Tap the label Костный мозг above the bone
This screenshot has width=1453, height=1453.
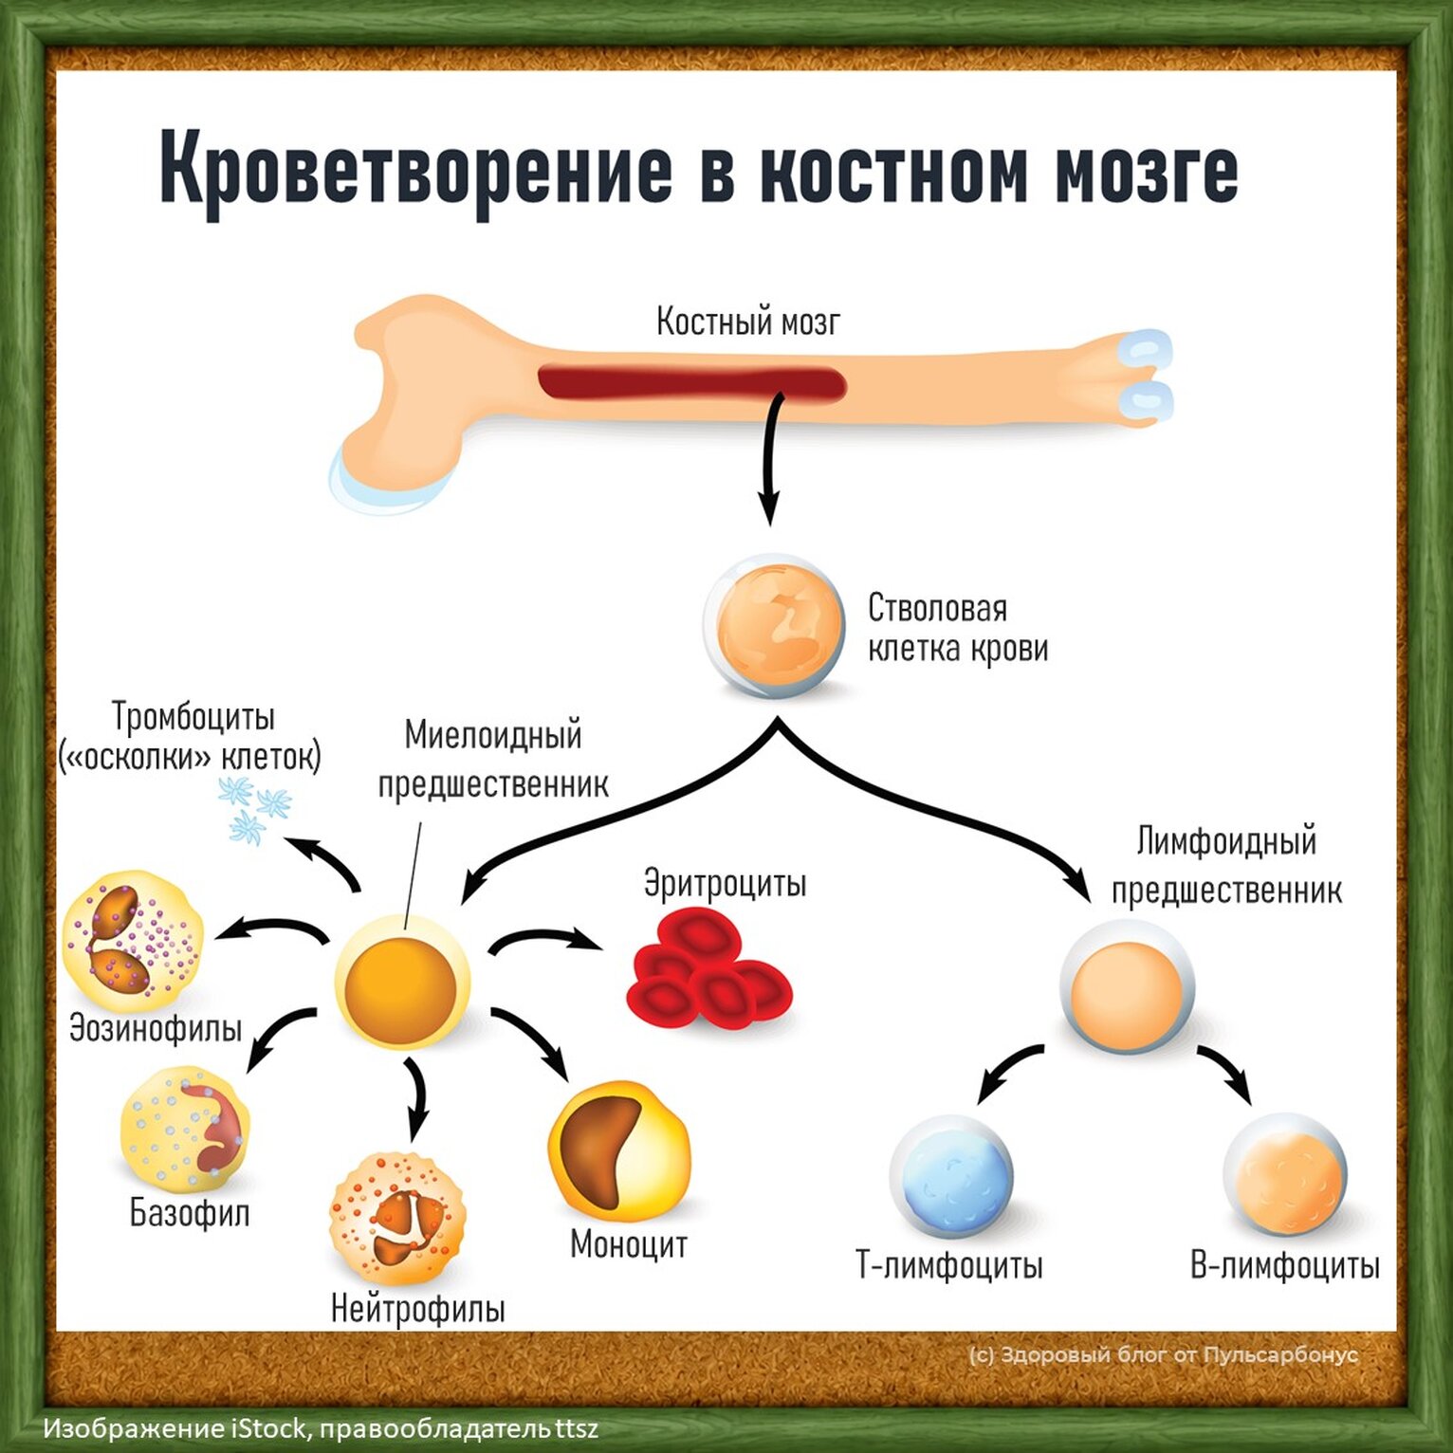click(748, 322)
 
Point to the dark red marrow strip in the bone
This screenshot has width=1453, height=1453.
click(692, 383)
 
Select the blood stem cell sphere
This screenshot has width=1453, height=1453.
click(773, 626)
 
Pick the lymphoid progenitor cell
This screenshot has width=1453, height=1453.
click(1128, 986)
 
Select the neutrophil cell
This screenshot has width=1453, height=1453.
click(398, 1219)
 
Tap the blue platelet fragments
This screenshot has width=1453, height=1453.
click(254, 809)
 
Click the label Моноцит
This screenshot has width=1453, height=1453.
click(629, 1244)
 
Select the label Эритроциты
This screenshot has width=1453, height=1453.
click(726, 883)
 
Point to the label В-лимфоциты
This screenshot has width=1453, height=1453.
click(1285, 1266)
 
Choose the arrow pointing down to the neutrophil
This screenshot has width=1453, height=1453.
click(415, 1098)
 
